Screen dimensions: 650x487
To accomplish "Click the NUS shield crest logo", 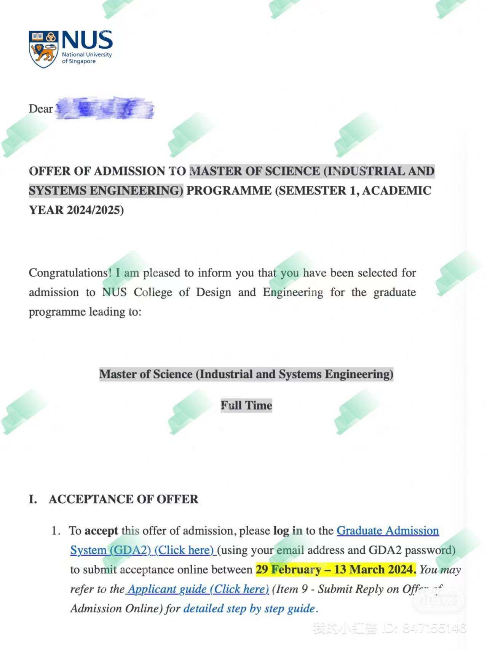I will pos(43,50).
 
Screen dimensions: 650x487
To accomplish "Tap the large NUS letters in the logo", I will pos(87,40).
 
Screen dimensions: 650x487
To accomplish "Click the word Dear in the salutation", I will pos(40,109).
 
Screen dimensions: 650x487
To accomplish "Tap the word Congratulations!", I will pos(70,273).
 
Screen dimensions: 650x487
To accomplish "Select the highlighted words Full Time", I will pos(246,406).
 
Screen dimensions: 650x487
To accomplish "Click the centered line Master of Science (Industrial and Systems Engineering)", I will pos(246,374).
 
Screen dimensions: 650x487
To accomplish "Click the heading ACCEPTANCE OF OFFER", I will pos(123,499).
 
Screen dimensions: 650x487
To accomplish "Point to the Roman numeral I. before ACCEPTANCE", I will pos(33,499).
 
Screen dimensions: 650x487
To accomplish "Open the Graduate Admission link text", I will pos(388,531).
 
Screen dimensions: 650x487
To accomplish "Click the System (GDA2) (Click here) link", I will pos(142,550).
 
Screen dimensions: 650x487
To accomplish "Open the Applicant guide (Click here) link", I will pos(198,589).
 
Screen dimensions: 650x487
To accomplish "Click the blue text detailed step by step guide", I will pos(249,608).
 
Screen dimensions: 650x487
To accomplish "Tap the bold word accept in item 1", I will pos(101,531).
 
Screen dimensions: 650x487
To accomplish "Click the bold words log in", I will pos(288,531).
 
